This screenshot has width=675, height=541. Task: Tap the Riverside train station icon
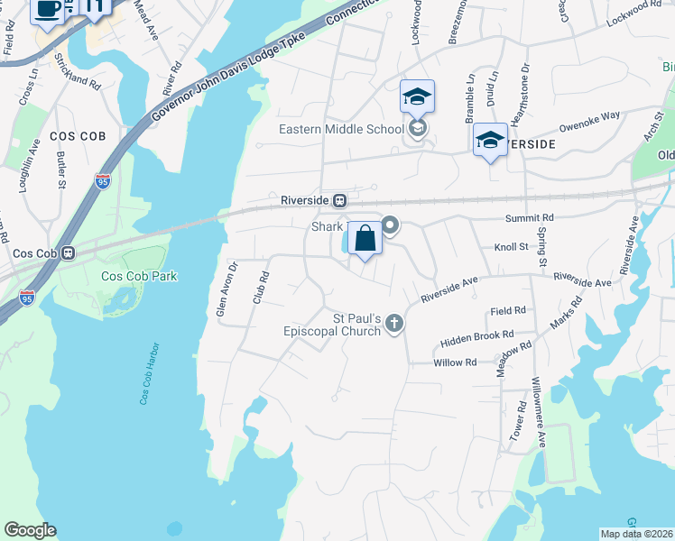pos(340,200)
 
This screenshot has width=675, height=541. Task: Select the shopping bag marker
pos(365,239)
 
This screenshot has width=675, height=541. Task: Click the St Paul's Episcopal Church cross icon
pos(394,323)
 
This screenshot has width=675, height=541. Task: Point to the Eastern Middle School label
pos(341,129)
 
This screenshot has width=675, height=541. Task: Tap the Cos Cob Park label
pos(135,276)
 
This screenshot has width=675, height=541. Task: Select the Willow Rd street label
pos(454,362)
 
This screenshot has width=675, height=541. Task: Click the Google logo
pos(30,530)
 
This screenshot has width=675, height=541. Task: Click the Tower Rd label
pos(520,419)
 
